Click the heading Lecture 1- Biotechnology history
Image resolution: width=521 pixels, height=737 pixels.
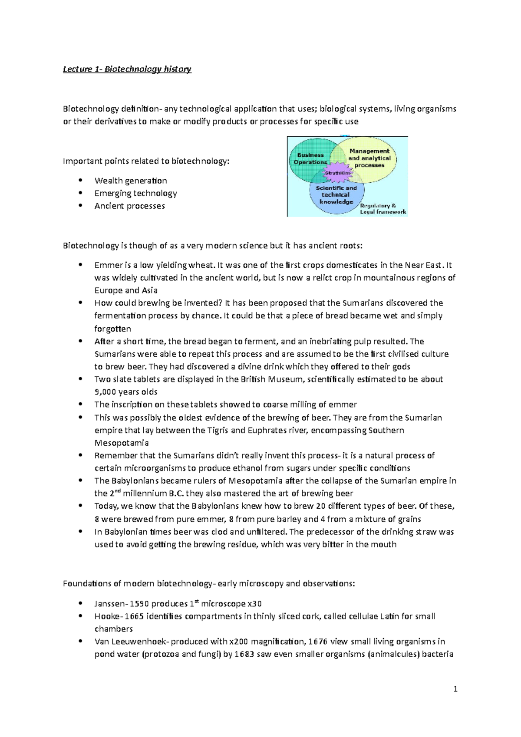tap(127, 69)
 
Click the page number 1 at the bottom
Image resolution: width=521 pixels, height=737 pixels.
tap(455, 689)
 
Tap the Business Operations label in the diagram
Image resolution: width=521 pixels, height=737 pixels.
tap(310, 158)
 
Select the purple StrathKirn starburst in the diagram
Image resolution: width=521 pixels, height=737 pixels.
tap(337, 172)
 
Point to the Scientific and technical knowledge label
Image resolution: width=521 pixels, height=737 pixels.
tap(336, 195)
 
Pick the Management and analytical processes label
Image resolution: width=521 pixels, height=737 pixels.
tap(369, 158)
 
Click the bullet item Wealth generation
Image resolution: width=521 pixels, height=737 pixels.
tap(130, 181)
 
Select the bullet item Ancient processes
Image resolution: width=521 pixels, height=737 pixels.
tap(129, 206)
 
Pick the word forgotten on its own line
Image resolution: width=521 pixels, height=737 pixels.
tap(112, 329)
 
